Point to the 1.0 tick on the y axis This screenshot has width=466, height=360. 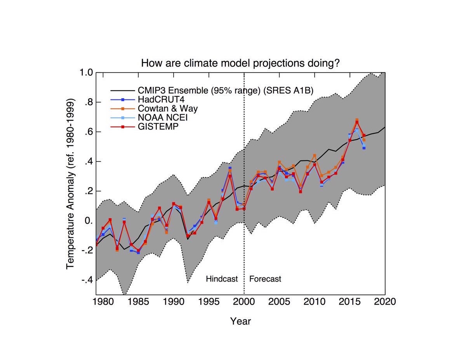coord(87,73)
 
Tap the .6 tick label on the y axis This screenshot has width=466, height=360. coord(89,132)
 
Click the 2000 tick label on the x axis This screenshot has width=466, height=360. coord(244,302)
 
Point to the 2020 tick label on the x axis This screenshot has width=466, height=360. coord(384,302)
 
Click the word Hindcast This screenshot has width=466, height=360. coord(222,279)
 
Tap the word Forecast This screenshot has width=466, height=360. coord(265,279)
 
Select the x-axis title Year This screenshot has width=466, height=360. coord(240,321)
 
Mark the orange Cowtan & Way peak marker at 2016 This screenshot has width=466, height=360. coord(356,120)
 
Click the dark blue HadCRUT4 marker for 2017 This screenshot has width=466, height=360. coord(364,148)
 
